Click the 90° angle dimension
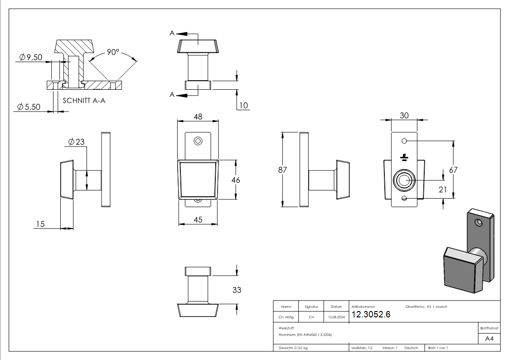point(113,52)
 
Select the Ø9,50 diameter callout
point(31,57)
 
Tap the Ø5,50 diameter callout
point(29,107)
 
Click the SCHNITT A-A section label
point(84,101)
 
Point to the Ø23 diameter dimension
point(77,142)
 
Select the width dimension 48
point(198,117)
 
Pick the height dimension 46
point(236,180)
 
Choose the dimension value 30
point(404,116)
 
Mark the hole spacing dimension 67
point(453,170)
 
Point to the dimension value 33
point(237,290)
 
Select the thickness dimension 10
point(244,105)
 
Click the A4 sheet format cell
point(490,339)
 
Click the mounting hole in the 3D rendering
point(478,223)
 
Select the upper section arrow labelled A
point(173,33)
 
